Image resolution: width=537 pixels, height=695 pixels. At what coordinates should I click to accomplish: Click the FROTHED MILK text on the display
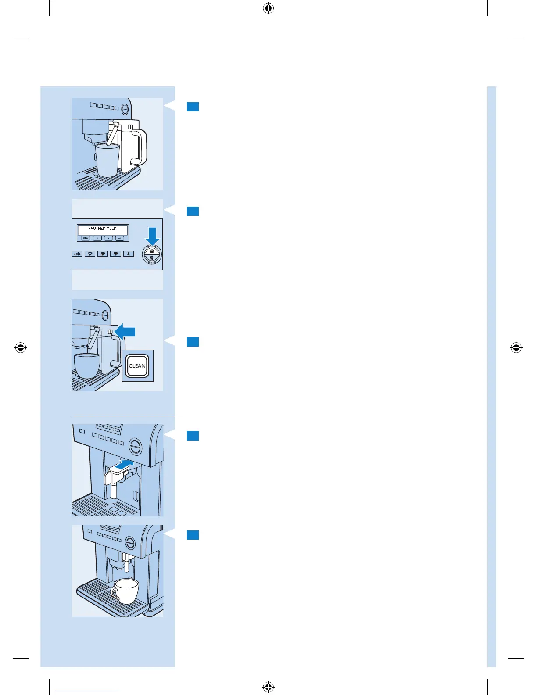click(102, 229)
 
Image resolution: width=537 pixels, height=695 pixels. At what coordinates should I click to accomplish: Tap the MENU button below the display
click(86, 238)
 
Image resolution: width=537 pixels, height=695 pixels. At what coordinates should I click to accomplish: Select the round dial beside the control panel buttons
click(152, 254)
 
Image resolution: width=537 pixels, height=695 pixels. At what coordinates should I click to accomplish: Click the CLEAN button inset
click(137, 366)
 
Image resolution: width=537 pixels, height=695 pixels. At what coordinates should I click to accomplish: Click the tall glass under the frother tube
click(107, 160)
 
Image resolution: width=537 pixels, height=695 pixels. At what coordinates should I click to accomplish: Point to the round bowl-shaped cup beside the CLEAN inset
click(87, 365)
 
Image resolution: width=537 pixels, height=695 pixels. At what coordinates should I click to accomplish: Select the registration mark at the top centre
click(268, 8)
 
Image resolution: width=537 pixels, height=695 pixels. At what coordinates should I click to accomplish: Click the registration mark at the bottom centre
click(268, 687)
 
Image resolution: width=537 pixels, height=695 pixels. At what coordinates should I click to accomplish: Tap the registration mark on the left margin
click(21, 348)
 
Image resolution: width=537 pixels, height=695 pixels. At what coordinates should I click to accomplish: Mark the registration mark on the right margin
click(516, 348)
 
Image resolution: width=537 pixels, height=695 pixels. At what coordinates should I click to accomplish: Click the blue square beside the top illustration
click(193, 107)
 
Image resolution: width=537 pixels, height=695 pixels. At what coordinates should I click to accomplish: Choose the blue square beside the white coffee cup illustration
click(193, 535)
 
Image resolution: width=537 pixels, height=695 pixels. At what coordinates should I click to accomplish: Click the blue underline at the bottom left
click(87, 691)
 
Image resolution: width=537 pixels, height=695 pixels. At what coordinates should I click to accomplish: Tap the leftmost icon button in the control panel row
click(77, 254)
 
